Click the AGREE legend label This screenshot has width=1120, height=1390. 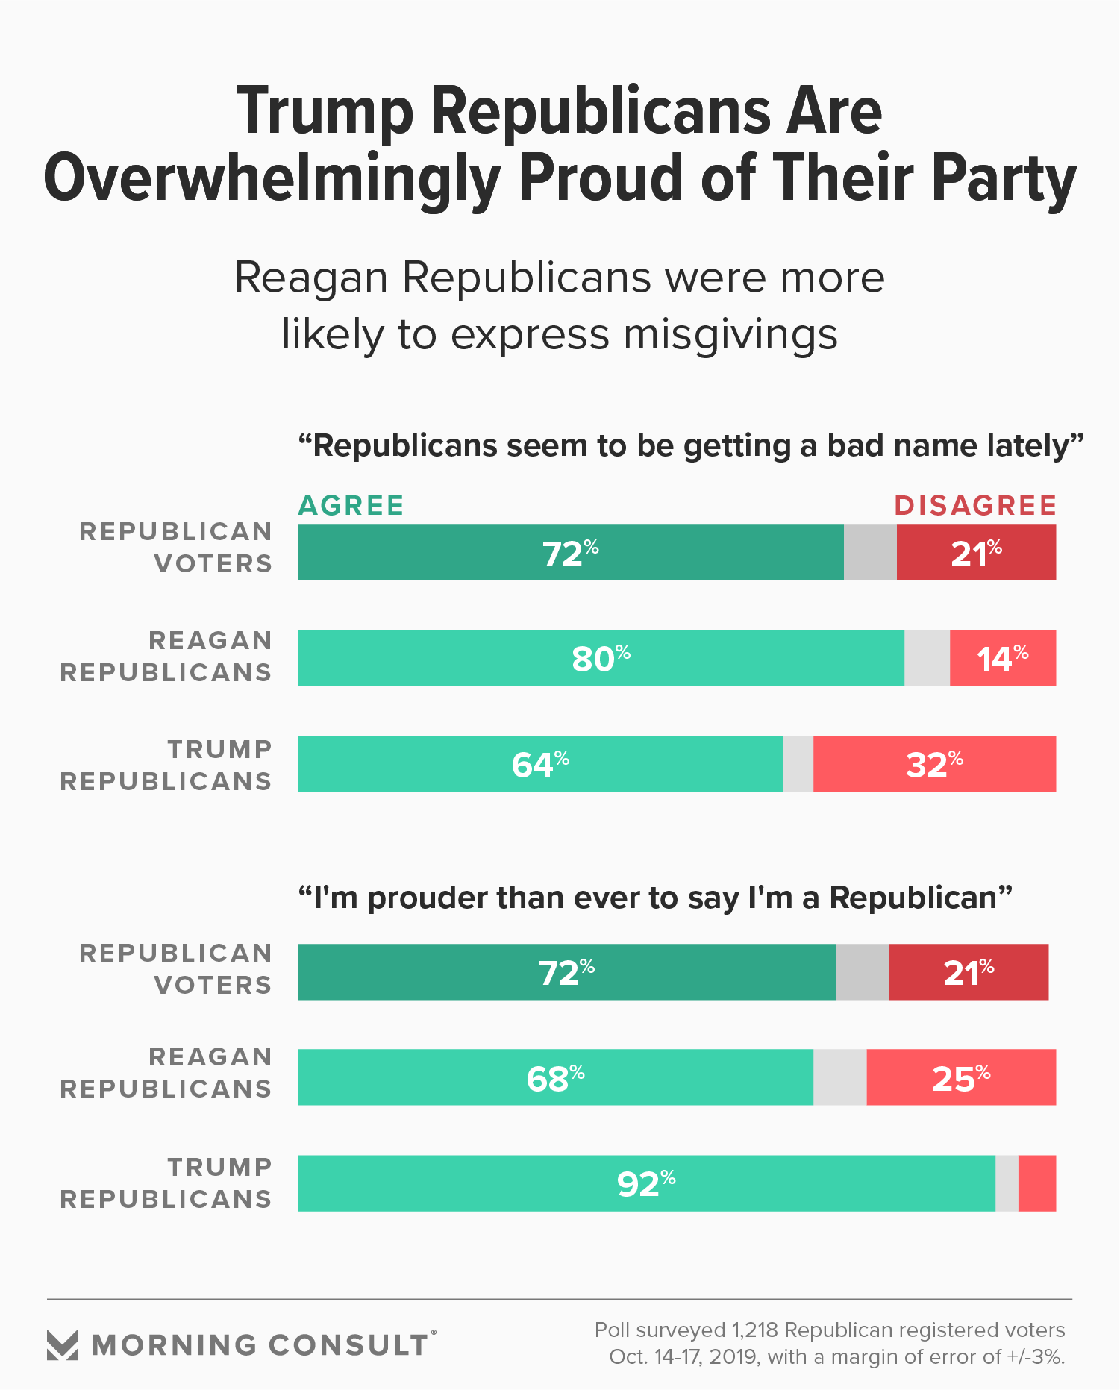(x=351, y=506)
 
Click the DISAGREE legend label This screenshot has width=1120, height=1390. (x=975, y=506)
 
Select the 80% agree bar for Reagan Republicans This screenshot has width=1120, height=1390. (x=601, y=658)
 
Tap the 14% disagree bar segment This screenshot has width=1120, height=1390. (x=1002, y=658)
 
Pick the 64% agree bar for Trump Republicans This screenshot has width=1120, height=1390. (x=540, y=764)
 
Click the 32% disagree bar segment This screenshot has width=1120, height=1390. (x=934, y=764)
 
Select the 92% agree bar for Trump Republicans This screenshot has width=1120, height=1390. (x=646, y=1183)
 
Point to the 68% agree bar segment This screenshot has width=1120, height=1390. (x=555, y=1077)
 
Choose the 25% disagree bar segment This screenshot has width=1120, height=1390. (x=961, y=1077)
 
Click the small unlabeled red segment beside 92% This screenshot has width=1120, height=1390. (x=1037, y=1183)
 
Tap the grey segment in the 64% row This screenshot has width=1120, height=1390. (x=798, y=764)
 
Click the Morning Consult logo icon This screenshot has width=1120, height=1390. (x=63, y=1344)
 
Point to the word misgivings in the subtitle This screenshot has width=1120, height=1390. (x=730, y=335)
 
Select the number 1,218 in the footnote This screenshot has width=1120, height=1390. (x=756, y=1330)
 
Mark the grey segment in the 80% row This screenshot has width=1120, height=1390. (x=927, y=658)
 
